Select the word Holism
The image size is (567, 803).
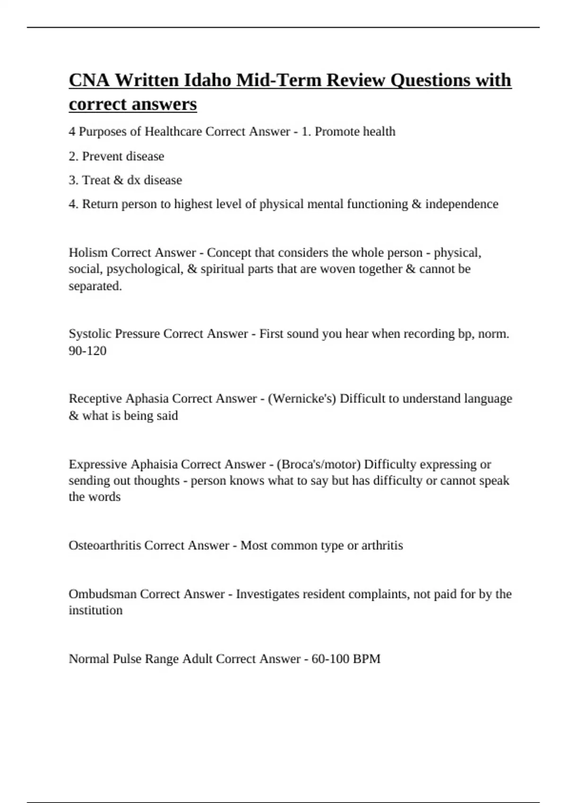point(88,253)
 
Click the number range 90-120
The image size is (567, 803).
point(87,350)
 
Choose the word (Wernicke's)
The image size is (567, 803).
point(302,399)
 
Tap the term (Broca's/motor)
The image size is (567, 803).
point(318,464)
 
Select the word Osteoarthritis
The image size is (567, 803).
point(104,546)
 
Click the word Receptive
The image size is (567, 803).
point(95,399)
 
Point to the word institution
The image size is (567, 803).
point(95,610)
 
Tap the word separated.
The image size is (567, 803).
point(95,286)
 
